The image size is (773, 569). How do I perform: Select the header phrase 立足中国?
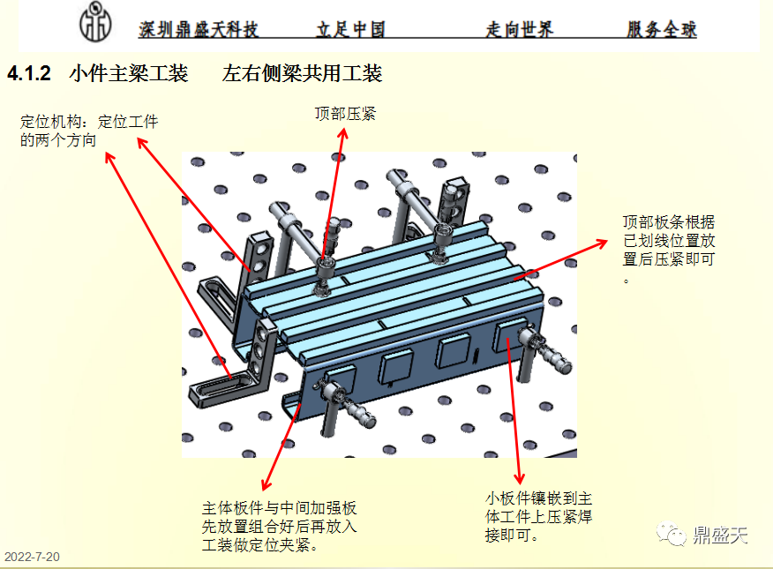(350, 30)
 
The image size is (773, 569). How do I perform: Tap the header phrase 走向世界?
(519, 30)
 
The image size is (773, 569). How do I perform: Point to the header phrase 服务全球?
(662, 30)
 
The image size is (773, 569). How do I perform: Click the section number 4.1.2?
(30, 74)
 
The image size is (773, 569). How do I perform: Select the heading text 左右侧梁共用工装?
(302, 74)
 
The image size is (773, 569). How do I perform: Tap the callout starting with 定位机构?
(88, 131)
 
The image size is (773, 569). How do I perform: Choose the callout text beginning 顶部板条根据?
(668, 250)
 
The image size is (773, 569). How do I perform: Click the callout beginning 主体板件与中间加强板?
(279, 527)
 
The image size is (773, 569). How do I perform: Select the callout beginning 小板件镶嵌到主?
(537, 516)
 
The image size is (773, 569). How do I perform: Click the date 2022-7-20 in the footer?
(32, 557)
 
